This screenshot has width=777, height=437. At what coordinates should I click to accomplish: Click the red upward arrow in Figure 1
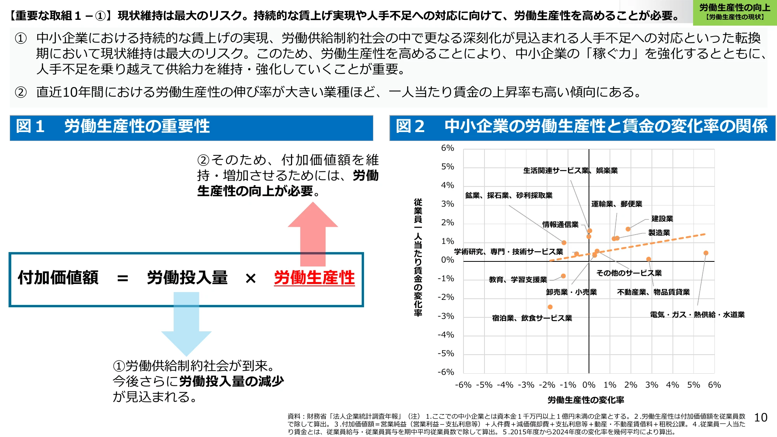coord(313,233)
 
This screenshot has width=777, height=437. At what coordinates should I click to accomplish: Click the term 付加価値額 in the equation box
coord(58,278)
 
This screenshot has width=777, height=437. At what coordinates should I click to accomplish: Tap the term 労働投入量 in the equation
coord(187,278)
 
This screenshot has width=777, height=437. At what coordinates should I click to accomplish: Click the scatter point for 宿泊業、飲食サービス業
coord(550,307)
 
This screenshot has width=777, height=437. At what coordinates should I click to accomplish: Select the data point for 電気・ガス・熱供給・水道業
coord(706,253)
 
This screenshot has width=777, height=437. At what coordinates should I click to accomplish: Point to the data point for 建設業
coord(628,229)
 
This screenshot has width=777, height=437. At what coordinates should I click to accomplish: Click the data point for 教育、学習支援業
coord(563,276)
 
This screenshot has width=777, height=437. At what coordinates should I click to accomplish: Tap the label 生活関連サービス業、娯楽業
coord(570,171)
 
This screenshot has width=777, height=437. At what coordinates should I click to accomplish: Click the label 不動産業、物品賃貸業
coord(653,292)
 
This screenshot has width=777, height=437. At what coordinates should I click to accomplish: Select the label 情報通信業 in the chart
coord(561,225)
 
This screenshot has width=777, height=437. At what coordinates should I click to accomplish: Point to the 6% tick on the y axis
coord(448,148)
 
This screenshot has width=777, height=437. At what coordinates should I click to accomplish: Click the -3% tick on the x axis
coord(526,385)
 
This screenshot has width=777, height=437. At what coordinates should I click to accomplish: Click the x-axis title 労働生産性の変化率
coord(586,400)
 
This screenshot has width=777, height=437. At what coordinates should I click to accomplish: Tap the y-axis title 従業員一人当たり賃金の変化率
coord(418,257)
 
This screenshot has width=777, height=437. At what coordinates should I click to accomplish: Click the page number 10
coord(761,418)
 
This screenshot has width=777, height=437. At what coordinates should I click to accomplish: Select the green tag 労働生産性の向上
coord(735,12)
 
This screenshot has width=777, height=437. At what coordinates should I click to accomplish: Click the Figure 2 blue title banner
coord(582,127)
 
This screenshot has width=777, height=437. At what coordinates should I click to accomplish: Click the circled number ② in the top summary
coord(21,92)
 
